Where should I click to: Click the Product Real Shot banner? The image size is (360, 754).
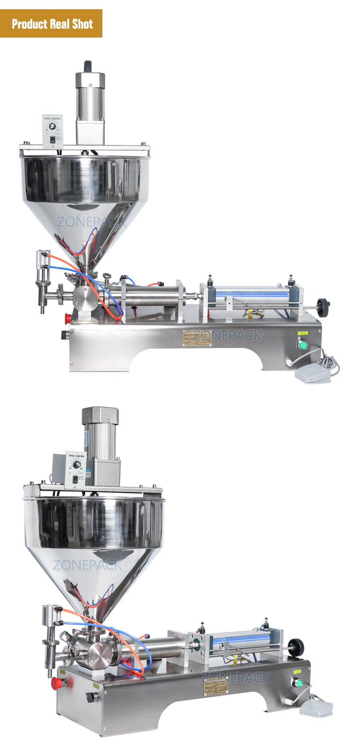tap(51, 24)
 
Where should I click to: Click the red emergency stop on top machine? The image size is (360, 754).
tap(68, 318)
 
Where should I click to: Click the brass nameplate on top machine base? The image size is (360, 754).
tap(197, 338)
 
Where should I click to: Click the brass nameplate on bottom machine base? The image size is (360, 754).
tap(216, 687)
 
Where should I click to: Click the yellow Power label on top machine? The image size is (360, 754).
tap(303, 333)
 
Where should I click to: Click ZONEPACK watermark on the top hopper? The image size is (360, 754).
tap(91, 222)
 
